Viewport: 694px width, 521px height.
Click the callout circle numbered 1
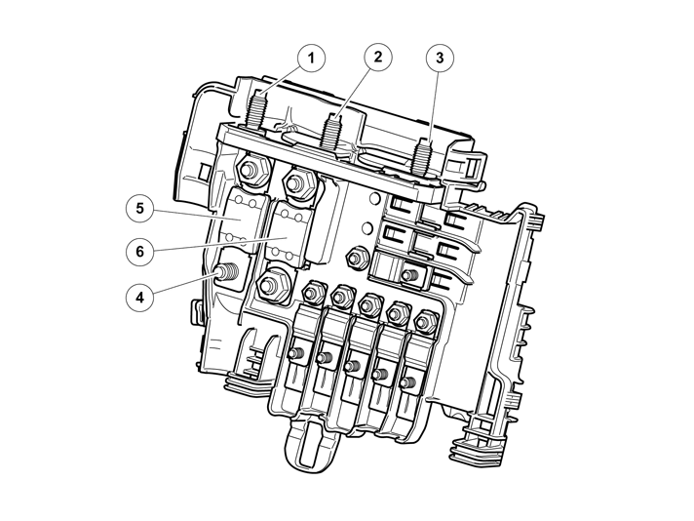tap(311, 58)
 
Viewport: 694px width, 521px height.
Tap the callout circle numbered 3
tap(440, 58)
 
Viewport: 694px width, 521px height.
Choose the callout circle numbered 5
tap(140, 208)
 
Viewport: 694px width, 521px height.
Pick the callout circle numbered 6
tap(140, 250)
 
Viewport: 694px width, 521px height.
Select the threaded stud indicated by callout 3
tap(422, 153)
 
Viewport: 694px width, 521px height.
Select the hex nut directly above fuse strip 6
tap(294, 182)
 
